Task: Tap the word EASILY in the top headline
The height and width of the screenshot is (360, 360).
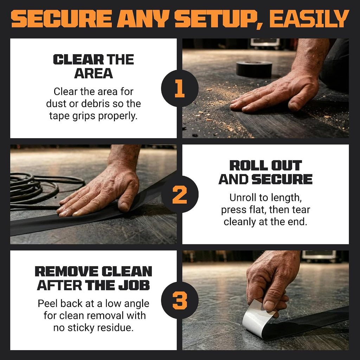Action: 309,19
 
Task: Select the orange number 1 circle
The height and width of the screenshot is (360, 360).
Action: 180,88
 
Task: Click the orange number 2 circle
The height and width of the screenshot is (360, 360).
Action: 180,194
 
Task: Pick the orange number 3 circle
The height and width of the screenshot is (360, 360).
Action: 180,300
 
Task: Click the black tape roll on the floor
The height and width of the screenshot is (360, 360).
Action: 254,69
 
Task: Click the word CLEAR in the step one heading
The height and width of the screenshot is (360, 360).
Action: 78,59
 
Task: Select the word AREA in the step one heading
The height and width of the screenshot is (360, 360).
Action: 94,73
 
